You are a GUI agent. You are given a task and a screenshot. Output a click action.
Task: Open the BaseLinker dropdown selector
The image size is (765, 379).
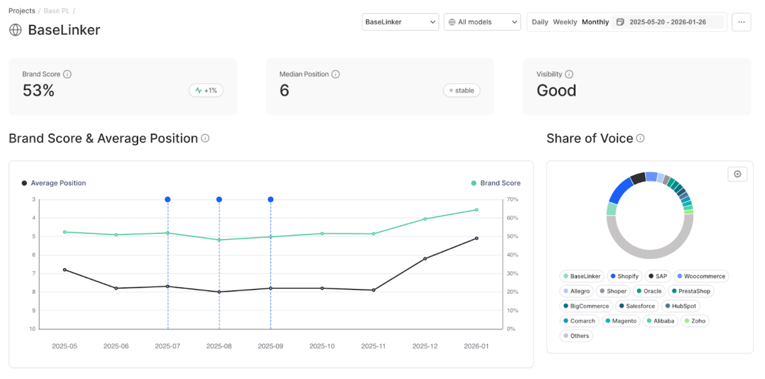click(400, 22)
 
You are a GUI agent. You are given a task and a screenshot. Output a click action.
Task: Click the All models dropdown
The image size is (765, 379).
click(482, 22)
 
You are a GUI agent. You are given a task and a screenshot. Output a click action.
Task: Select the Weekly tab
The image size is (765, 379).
click(564, 22)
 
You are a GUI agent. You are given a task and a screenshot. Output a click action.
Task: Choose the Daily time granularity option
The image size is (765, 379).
click(540, 22)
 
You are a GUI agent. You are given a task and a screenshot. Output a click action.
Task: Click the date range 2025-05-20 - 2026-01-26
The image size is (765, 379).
click(668, 22)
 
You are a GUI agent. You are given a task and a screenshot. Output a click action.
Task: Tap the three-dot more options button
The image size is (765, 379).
click(741, 22)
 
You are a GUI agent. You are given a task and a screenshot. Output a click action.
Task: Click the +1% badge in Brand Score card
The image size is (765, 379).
click(206, 90)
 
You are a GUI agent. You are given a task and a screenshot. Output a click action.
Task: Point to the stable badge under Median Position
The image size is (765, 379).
click(462, 90)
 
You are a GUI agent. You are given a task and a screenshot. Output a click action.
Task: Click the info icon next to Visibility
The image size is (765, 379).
click(569, 75)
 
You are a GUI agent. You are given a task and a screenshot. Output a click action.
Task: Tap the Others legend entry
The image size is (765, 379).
click(576, 336)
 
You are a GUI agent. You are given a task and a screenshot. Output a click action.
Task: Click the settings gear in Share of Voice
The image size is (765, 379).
click(737, 174)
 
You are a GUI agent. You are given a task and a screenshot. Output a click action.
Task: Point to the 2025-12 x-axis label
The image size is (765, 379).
click(425, 346)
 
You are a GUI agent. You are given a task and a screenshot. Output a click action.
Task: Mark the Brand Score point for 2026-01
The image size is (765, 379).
click(476, 210)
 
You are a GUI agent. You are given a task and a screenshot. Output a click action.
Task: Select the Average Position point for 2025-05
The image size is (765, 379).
click(64, 269)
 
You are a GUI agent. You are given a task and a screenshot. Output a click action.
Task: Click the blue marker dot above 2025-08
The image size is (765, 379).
click(219, 200)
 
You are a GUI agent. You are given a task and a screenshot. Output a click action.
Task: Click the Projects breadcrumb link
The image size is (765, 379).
click(21, 11)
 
